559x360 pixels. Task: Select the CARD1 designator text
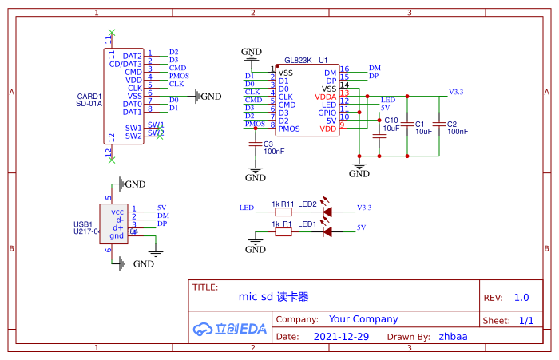coord(89,96)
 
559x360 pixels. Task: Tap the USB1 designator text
coord(82,224)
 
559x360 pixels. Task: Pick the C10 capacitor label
coord(391,121)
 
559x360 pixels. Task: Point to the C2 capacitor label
coord(451,125)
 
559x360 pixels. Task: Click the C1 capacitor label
coord(420,125)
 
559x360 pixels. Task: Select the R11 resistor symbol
coord(283,212)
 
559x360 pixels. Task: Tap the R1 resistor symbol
coord(283,233)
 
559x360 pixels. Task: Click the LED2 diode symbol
coord(327,212)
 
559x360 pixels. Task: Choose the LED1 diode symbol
coord(327,233)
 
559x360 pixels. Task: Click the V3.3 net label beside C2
coord(456,93)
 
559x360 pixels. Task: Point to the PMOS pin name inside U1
coord(289,129)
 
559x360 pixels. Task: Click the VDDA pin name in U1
coord(327,97)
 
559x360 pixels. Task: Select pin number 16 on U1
coord(344,69)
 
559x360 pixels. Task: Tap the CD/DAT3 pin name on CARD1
coord(125,65)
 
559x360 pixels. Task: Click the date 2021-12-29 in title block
coord(341,337)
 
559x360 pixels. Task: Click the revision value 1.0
coord(521,298)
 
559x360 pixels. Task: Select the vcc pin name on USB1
coord(117,212)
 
